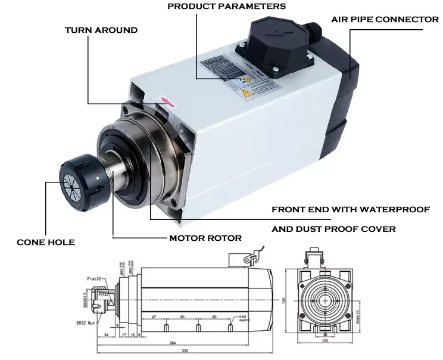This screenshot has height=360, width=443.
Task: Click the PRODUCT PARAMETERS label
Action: tap(226, 7)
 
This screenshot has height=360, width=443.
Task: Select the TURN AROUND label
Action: tap(101, 30)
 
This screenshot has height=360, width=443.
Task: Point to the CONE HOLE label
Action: tap(46, 242)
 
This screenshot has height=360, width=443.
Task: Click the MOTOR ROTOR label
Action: tap(205, 238)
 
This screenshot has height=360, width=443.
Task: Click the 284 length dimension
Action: tap(171, 343)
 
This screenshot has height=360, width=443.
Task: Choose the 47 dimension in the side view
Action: tap(154, 317)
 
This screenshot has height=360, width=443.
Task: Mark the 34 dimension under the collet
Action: tap(106, 336)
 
